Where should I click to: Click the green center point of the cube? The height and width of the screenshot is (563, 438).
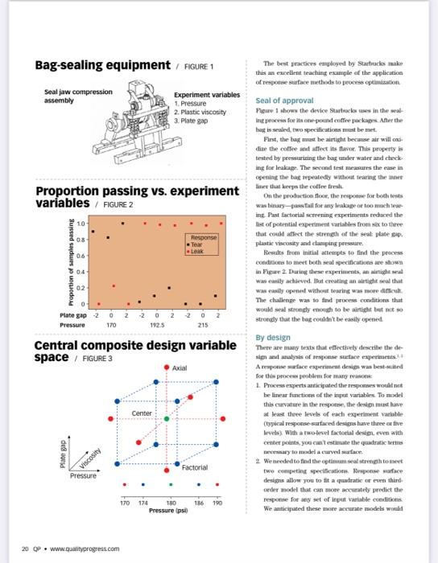(x=167, y=418)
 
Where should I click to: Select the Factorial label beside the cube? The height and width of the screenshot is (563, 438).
(x=195, y=466)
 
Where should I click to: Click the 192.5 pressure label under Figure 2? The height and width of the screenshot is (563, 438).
(x=156, y=325)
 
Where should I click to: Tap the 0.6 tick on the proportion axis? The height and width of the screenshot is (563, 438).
(x=81, y=256)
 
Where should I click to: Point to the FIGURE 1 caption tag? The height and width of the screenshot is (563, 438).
(x=200, y=67)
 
